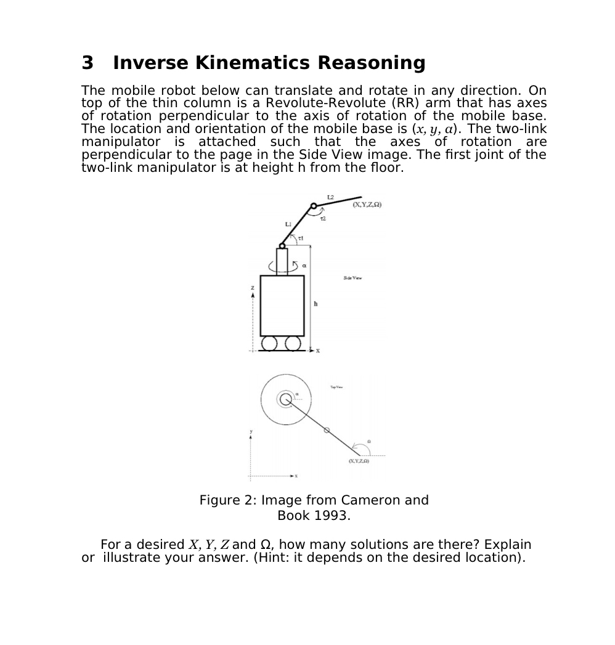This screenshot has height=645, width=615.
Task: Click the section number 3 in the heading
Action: click(88, 63)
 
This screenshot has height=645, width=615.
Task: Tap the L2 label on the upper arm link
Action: click(331, 197)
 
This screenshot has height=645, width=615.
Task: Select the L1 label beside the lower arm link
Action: click(288, 224)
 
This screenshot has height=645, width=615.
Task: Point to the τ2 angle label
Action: click(322, 219)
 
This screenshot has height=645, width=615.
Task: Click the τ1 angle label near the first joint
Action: click(301, 238)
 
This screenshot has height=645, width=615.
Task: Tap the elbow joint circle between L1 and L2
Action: click(314, 206)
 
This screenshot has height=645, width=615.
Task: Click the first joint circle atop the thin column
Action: click(282, 246)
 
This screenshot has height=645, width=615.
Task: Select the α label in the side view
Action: click(304, 266)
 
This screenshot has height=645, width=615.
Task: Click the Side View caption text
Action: click(352, 278)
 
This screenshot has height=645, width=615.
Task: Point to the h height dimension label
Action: click(316, 304)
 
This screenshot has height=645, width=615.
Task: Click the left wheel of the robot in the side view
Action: click(270, 343)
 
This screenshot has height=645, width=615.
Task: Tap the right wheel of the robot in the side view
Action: click(293, 343)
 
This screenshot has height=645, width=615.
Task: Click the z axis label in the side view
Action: click(252, 288)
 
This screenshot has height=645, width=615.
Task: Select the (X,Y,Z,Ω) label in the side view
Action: click(367, 205)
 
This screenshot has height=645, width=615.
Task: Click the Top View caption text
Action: click(336, 387)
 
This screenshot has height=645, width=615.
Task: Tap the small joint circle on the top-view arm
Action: click(327, 430)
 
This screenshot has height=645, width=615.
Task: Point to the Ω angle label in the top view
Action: click(369, 442)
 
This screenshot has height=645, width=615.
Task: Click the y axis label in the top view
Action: click(251, 431)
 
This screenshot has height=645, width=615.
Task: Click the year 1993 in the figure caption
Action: click(332, 516)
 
